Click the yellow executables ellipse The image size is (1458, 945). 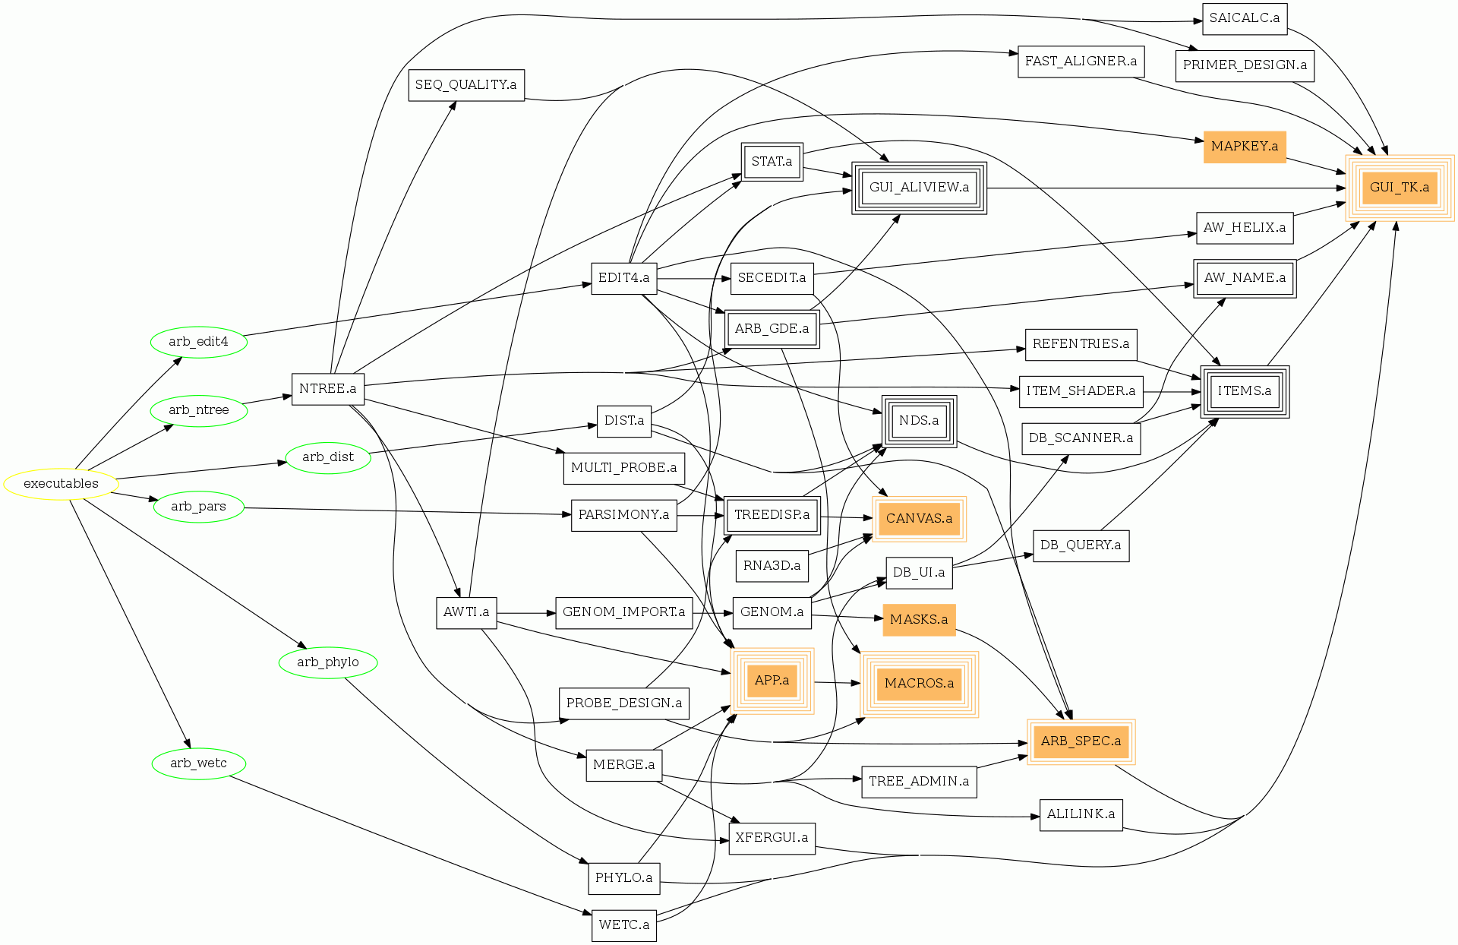61,484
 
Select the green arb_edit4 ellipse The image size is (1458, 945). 199,342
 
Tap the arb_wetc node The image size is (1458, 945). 198,763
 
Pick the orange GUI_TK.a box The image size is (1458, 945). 1399,188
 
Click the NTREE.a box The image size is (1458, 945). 327,389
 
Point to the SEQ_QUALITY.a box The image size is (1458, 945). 465,85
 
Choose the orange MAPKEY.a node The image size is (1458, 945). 1244,147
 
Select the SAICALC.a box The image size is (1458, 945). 1244,18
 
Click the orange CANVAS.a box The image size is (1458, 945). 919,519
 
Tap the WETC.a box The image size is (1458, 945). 623,925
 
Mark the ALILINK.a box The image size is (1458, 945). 1081,814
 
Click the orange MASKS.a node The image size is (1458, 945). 919,620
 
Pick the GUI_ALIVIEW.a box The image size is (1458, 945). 919,188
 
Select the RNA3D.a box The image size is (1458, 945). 772,566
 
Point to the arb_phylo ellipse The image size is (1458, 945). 328,662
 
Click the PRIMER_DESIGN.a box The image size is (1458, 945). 1244,65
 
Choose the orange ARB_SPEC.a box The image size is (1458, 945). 1081,741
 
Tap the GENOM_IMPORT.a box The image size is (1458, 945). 623,612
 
